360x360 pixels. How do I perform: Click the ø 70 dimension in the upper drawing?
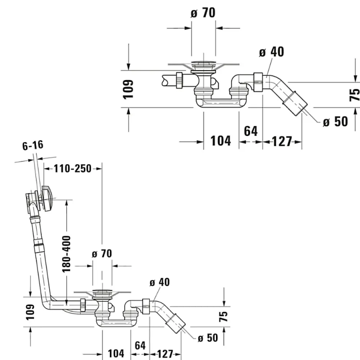203,13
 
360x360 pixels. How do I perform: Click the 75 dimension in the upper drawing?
355,94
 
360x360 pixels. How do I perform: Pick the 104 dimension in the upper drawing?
221,141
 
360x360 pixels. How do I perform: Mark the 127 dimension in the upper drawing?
282,141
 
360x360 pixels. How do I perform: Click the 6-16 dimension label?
33,145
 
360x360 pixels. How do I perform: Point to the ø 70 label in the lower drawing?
102,254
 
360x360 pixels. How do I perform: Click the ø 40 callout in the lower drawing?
159,283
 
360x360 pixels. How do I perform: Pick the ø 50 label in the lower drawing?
208,338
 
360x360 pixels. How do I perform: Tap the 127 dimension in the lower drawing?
165,354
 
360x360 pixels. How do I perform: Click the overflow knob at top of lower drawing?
47,198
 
